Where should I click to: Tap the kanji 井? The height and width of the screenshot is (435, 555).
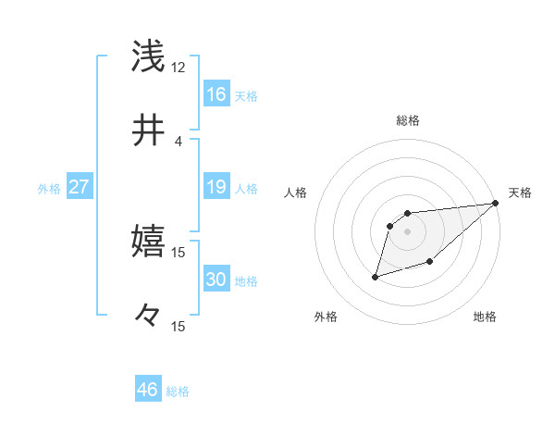point(148,130)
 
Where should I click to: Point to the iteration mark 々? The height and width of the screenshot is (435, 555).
point(148,315)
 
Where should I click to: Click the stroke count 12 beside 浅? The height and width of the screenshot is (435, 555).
point(178,68)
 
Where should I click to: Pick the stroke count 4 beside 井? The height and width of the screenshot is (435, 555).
point(178,141)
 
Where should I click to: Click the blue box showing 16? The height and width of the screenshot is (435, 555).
point(216,94)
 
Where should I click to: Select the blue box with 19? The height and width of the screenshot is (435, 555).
point(216,187)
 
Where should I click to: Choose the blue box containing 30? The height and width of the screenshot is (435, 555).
point(216,280)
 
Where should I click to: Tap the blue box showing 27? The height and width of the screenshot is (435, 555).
point(80,187)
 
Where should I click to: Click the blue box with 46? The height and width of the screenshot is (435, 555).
point(148,389)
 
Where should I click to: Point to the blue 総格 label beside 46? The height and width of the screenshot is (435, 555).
point(178,391)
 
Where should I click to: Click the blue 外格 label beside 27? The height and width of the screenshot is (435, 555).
point(49,189)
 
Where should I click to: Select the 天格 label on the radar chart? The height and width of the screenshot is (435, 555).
point(520,193)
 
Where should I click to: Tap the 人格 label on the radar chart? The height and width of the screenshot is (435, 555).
point(296,193)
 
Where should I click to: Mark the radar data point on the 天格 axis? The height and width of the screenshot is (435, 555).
point(496,203)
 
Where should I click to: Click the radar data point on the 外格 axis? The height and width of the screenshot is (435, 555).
point(376,276)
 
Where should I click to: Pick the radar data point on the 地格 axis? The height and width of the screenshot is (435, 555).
point(430,263)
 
